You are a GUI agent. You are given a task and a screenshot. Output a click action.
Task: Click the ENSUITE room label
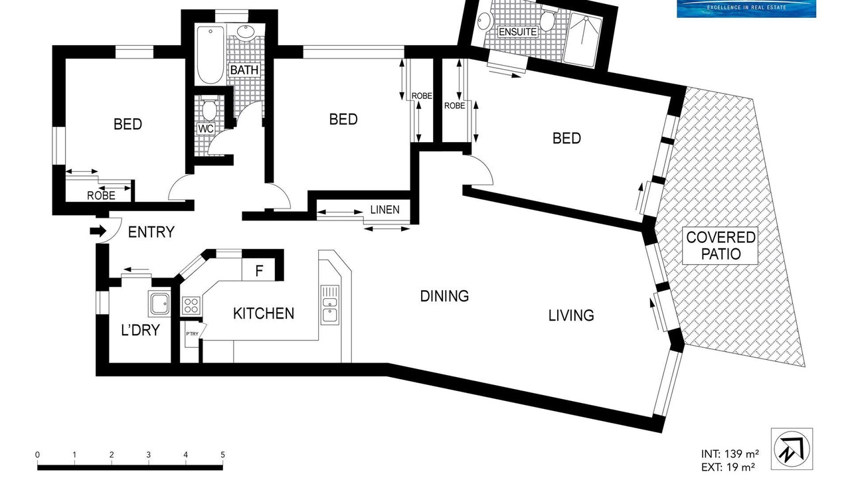coord(518,31)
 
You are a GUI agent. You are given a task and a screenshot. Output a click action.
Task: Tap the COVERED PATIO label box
coord(721,246)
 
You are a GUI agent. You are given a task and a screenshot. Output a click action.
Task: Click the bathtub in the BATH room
coord(211,54)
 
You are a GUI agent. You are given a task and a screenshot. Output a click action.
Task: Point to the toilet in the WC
coord(209,108)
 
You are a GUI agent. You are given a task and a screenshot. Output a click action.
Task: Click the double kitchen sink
coord(330,305)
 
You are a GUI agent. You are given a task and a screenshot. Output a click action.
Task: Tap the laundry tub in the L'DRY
coord(159,303)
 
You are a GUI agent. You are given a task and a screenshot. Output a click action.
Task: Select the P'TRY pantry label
coord(192,334)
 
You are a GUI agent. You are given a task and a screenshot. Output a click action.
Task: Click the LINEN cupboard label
coord(384,209)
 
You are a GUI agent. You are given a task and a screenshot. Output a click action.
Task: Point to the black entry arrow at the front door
coord(98,230)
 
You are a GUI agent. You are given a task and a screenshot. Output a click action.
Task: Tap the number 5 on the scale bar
coord(222,455)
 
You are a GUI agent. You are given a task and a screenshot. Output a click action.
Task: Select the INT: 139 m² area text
coord(730,453)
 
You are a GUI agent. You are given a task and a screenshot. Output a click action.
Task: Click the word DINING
coord(444,296)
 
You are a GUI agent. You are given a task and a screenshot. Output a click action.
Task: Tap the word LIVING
coord(571,315)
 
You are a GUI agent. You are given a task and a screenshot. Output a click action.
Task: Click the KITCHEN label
coord(264,314)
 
